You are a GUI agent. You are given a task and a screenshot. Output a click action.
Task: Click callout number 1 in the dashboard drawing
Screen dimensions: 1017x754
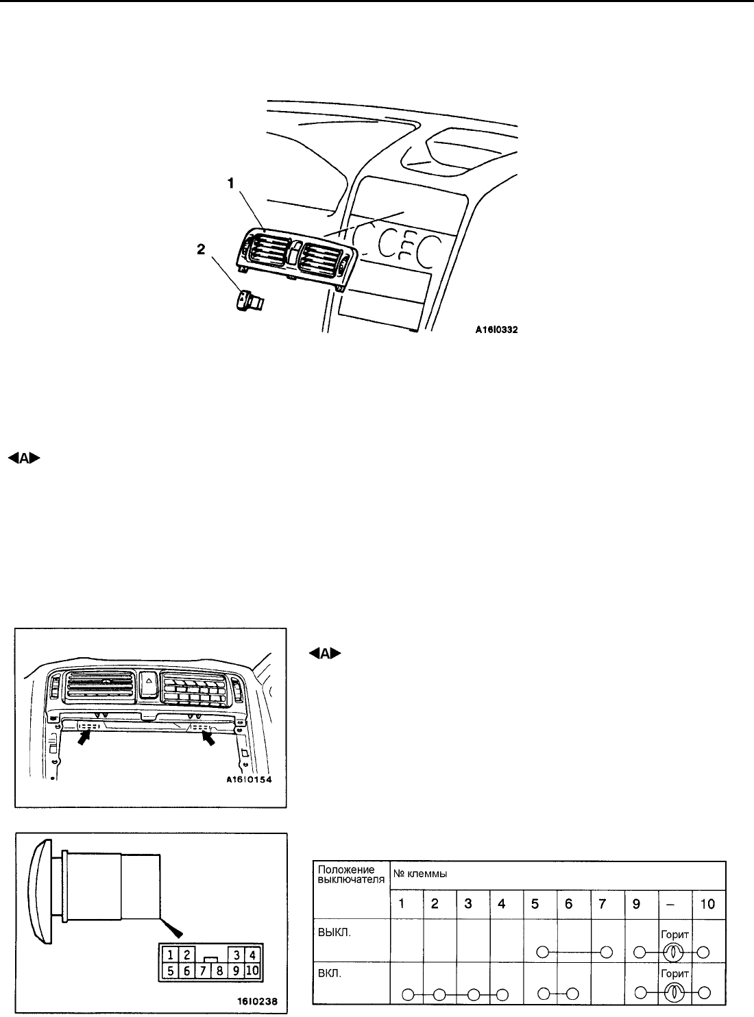click(231, 184)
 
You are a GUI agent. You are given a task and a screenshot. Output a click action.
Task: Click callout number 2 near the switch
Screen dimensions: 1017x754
click(201, 251)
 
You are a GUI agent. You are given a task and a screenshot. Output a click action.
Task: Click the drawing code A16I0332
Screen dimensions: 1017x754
click(497, 330)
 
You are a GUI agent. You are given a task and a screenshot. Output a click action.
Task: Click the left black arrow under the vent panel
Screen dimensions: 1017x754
click(85, 737)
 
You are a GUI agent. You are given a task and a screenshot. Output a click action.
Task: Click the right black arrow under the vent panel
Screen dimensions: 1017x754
click(206, 737)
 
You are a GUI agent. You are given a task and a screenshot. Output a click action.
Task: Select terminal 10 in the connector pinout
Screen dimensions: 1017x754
click(251, 970)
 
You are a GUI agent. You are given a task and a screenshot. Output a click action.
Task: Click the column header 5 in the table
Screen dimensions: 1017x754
click(535, 904)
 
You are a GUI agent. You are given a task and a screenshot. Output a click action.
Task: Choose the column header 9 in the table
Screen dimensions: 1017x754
click(636, 904)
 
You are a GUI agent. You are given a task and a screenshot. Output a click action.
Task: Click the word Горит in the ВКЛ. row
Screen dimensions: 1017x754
click(674, 972)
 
